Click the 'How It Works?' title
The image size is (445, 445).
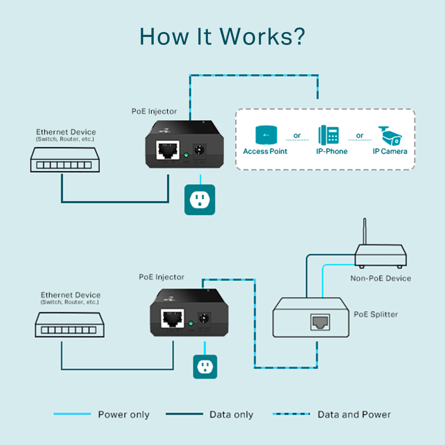tap(222, 36)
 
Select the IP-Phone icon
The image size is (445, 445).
tap(328, 135)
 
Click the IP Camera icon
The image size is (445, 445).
tap(389, 135)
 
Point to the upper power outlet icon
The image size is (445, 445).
tap(200, 200)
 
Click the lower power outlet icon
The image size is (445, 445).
tap(205, 367)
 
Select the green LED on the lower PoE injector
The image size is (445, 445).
tap(190, 323)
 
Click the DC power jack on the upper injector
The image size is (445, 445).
tap(199, 151)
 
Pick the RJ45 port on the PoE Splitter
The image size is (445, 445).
tap(320, 321)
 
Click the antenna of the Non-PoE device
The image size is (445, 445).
tap(364, 231)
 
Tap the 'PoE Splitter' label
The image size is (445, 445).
tap(376, 315)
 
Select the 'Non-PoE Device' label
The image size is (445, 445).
tap(380, 279)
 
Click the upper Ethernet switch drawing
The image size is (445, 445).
tap(65, 161)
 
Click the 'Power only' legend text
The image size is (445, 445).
tap(124, 415)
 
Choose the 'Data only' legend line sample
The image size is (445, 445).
tap(184, 414)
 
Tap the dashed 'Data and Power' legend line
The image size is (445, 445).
tap(291, 414)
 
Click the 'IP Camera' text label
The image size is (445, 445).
tap(390, 151)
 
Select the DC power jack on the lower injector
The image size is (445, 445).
tap(205, 319)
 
